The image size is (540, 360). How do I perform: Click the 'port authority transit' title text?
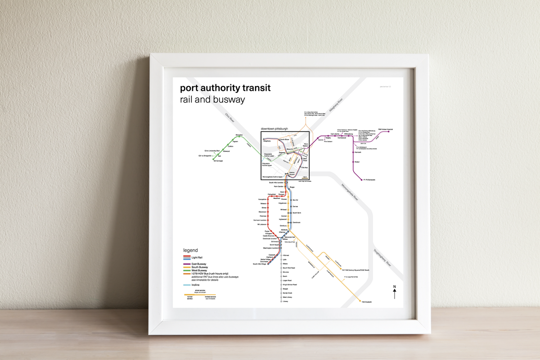coord(225,88)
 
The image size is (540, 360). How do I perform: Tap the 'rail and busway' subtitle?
coord(212,99)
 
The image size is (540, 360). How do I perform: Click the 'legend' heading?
coord(190,250)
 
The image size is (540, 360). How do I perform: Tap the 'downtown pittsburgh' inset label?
coord(275,129)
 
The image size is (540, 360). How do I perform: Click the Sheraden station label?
coord(239,135)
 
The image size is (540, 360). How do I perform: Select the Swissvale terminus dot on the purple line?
coord(363,180)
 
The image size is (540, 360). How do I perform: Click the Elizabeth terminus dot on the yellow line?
coord(360,301)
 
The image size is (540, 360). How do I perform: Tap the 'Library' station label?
coord(285,301)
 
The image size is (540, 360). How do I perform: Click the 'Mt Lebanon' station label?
coord(262,224)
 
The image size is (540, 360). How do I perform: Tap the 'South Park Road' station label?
coord(288,268)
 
